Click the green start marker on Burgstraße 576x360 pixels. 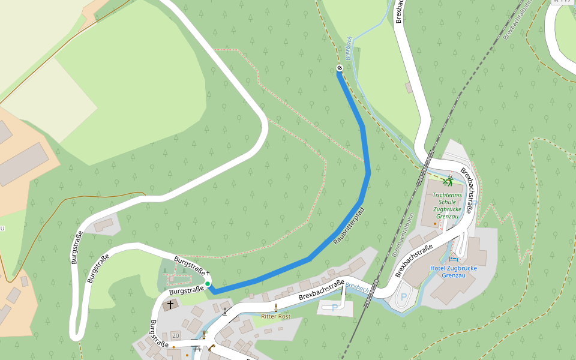click(208, 284)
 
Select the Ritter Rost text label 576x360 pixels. click(276, 316)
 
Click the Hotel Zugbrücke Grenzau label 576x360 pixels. click(454, 272)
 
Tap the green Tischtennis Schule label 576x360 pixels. click(448, 206)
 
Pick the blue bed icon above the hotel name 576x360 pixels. click(452, 259)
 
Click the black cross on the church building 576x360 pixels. click(170, 305)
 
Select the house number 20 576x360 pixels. click(175, 335)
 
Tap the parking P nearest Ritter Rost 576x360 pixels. click(334, 308)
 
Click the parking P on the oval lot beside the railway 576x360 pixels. click(404, 296)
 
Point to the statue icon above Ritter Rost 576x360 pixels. click(276, 307)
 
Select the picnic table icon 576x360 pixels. click(196, 348)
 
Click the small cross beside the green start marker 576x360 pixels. click(208, 274)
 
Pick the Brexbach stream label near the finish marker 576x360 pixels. click(348, 48)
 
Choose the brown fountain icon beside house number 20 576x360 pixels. click(204, 335)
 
